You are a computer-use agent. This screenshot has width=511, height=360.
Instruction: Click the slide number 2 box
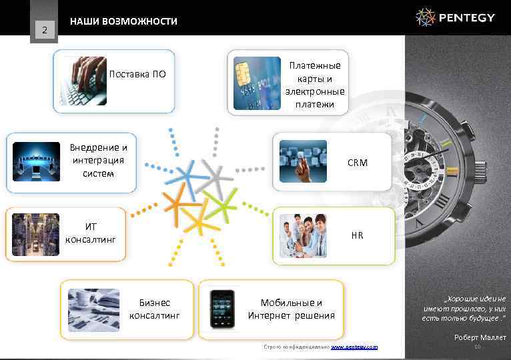(44, 29)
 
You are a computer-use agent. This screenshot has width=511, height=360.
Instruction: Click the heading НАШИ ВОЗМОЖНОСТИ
(123, 21)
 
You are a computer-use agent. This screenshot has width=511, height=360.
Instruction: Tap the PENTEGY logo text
(468, 17)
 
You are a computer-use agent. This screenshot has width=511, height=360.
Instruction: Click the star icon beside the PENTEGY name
(426, 17)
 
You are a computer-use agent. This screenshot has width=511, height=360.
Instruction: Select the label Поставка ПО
(137, 74)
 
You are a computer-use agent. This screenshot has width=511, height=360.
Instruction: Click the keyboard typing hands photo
(83, 81)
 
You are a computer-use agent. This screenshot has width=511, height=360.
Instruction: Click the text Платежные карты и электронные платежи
(315, 85)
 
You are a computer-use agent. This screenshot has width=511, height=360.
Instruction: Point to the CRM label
(357, 162)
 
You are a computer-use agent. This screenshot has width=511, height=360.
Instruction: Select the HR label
(357, 235)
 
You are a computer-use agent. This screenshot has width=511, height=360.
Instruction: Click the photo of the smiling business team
(303, 235)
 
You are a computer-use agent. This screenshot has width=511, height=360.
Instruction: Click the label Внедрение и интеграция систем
(99, 160)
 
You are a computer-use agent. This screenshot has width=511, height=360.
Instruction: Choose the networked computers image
(37, 161)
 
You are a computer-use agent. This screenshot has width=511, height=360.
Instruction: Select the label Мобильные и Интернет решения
(292, 309)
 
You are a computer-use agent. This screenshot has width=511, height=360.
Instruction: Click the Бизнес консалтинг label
(154, 309)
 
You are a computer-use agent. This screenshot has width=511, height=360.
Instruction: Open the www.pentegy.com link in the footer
(354, 347)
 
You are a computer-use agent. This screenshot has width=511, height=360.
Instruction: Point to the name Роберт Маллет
(480, 337)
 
